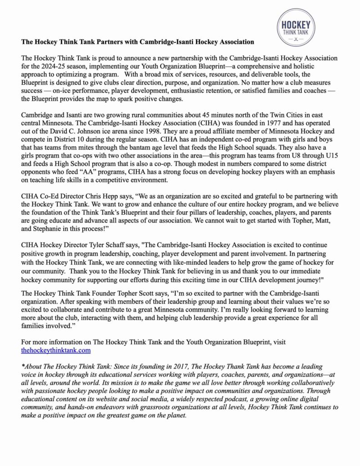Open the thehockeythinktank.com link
(x=56, y=350)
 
